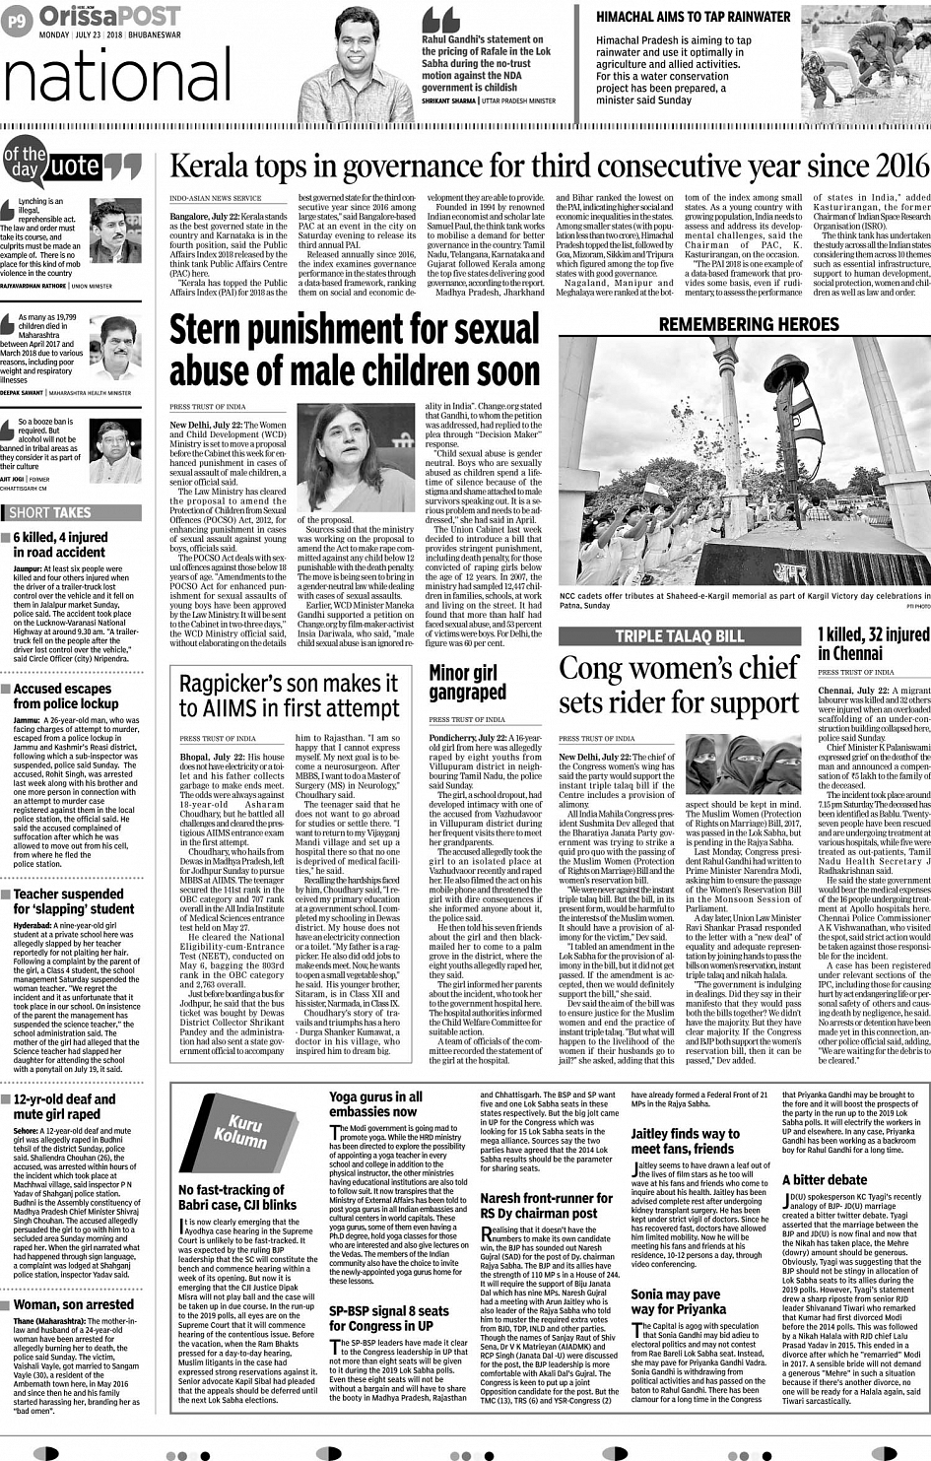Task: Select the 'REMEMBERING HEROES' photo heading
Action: [x=749, y=324]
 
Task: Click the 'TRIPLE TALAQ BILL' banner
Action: [x=680, y=636]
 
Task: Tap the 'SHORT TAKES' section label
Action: [x=49, y=512]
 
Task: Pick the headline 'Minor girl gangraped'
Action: [x=467, y=682]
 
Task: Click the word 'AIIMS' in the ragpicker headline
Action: [x=250, y=708]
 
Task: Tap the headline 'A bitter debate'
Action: [x=825, y=1179]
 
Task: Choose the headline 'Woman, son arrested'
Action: [x=73, y=1304]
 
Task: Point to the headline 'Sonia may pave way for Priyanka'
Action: [x=678, y=1301]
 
